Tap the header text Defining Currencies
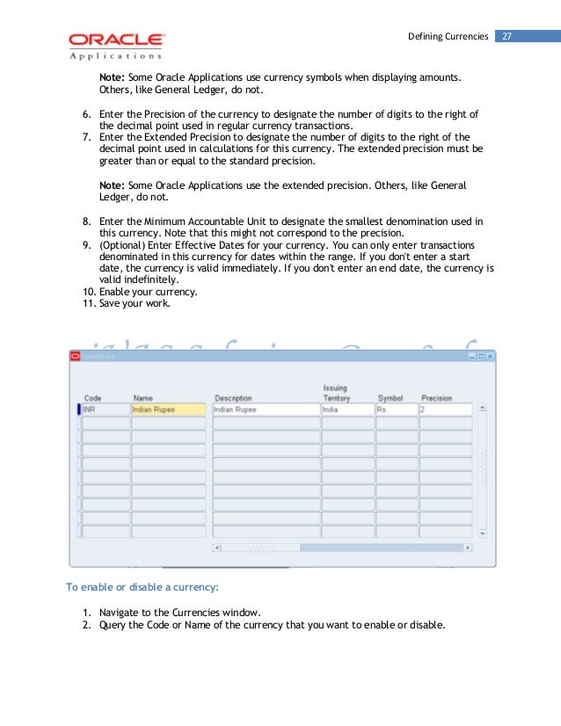(x=448, y=36)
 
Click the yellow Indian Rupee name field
(x=168, y=409)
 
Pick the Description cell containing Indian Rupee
(x=265, y=409)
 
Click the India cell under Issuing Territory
(x=346, y=409)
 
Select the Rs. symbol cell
(x=396, y=409)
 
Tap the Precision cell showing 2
(x=445, y=409)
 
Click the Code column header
(x=92, y=398)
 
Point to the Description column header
(x=232, y=398)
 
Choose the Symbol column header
(x=390, y=398)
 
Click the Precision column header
(x=436, y=398)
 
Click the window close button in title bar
(x=491, y=356)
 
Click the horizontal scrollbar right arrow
(x=468, y=547)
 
